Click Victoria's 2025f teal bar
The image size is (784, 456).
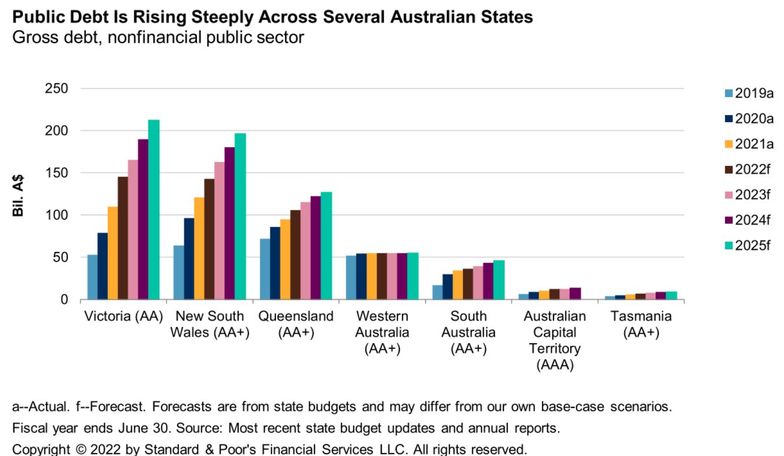coord(154,209)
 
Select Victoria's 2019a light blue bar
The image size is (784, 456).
coord(92,277)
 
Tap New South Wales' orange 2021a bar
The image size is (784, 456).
coord(199,248)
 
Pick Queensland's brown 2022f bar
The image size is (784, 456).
coord(295,255)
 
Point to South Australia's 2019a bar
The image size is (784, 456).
coord(437,292)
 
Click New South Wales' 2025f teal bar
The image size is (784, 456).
coord(240,216)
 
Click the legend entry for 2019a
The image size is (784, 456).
coord(749,94)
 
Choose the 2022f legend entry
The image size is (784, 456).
coord(748,169)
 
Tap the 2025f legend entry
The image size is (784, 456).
coord(748,246)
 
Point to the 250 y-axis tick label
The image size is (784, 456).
coord(56,88)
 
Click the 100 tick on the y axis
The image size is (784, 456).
coord(56,215)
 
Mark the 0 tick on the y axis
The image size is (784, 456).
coord(64,300)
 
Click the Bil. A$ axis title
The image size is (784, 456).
coord(18,195)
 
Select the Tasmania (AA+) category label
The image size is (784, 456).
coord(641,324)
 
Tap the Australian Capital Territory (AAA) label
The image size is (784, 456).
coord(555,340)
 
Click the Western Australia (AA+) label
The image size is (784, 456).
coord(382,332)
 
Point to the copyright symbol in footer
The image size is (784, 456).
coord(82,450)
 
